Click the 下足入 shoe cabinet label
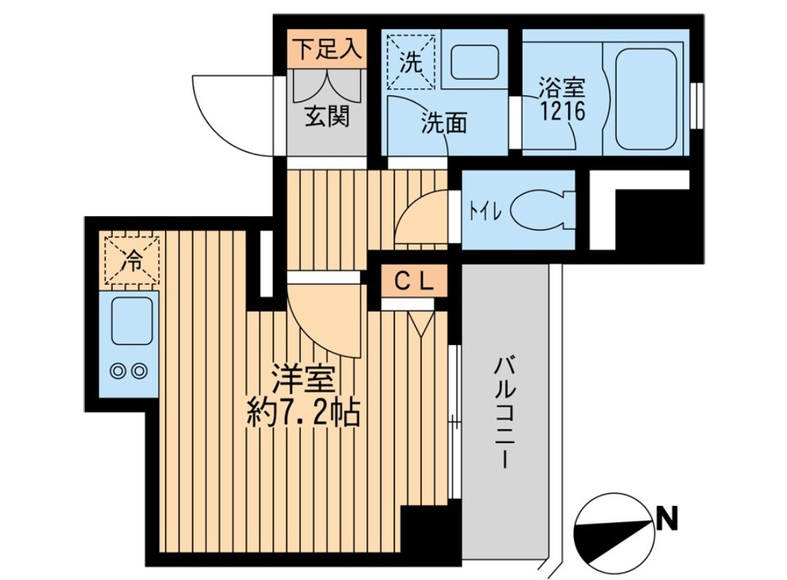[x=327, y=50]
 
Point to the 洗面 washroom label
[x=443, y=124]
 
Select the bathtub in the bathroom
[x=647, y=99]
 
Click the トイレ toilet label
[x=484, y=211]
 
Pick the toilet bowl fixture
[x=539, y=210]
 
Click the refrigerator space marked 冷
[x=131, y=259]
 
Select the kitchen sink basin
[x=131, y=322]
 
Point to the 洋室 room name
[x=303, y=382]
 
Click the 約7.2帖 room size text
[x=302, y=415]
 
